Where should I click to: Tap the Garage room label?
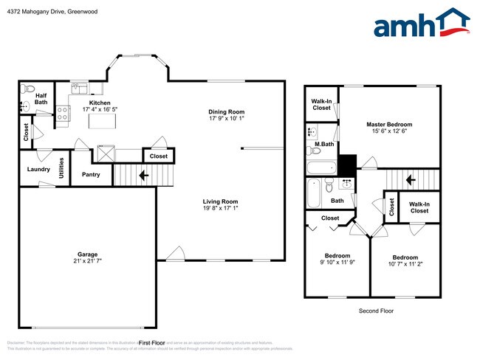pos(88,255)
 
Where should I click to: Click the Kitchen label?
pos(100,103)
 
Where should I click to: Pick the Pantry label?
pos(91,175)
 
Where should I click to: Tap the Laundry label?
pos(38,169)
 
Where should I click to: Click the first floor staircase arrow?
pos(144,176)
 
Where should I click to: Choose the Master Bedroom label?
pos(389,125)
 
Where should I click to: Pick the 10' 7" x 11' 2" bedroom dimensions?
pos(404,264)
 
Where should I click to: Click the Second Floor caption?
pos(376,311)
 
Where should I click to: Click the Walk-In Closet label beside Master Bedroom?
pos(321,104)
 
